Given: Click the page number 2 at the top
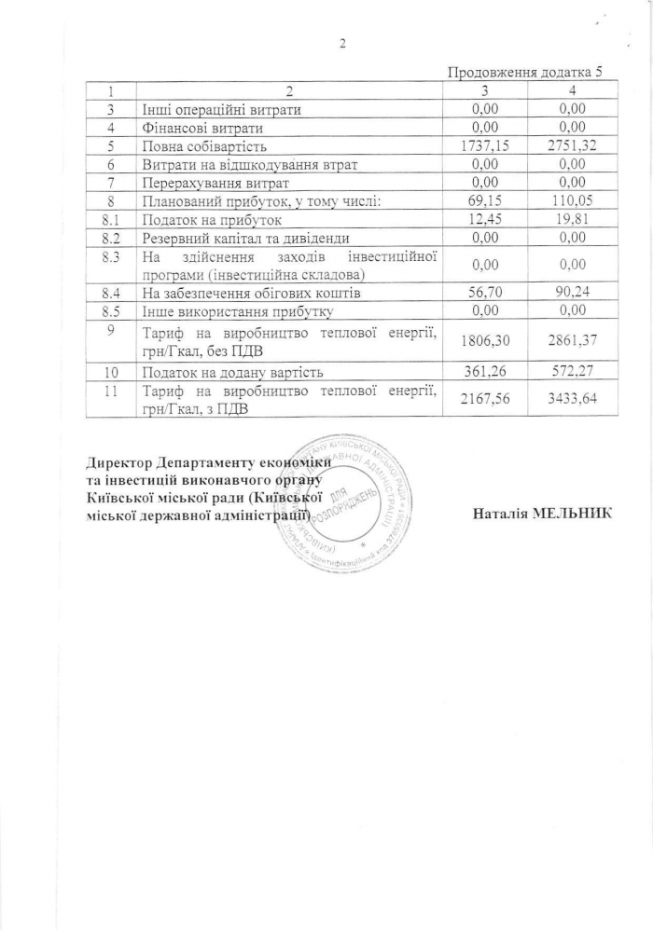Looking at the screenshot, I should [x=342, y=43].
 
